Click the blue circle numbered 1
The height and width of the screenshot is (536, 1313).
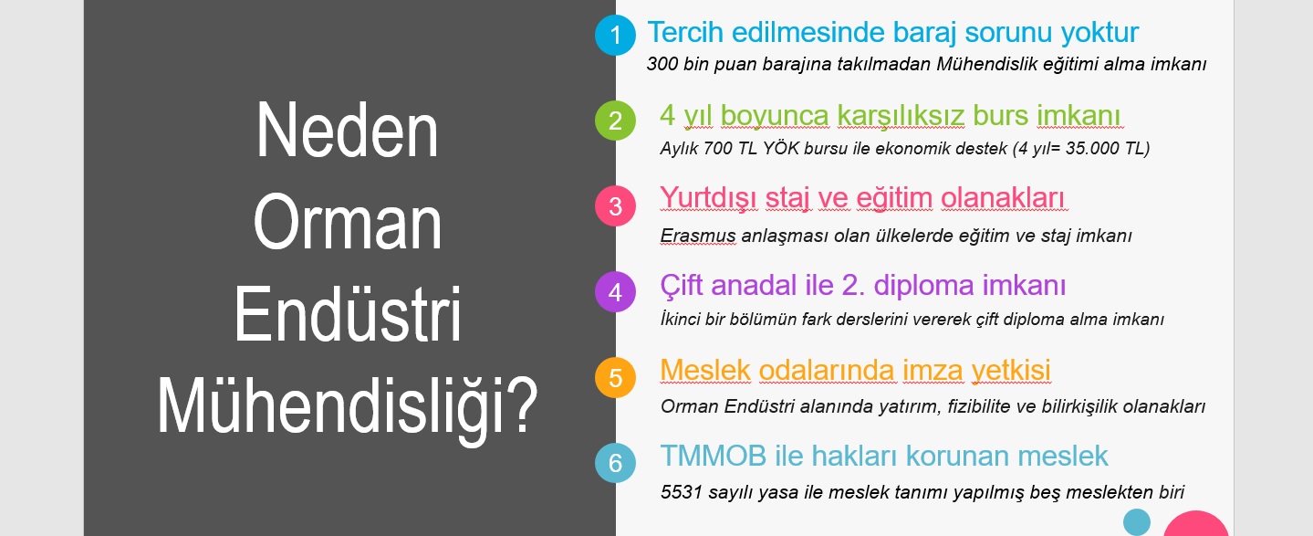pos(615,36)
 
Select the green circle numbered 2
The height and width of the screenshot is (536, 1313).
pos(615,121)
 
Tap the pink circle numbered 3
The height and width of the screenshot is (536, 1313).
pos(615,206)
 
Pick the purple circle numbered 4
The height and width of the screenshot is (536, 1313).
pos(615,291)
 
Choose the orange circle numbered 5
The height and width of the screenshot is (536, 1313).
pos(615,378)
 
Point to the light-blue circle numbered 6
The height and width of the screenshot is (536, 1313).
pos(615,463)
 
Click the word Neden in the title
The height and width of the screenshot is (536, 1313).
pos(347,131)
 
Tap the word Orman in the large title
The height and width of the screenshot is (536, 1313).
pos(347,223)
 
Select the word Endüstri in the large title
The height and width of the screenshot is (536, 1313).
pos(348,313)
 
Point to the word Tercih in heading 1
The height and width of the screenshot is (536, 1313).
pos(685,32)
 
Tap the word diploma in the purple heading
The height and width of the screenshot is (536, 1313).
pos(923,286)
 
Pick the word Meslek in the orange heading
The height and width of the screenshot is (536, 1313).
pos(705,370)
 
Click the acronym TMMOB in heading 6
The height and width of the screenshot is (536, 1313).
pos(713,456)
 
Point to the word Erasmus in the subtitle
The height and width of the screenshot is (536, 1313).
pos(697,236)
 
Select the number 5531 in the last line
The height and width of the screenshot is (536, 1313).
pos(681,491)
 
